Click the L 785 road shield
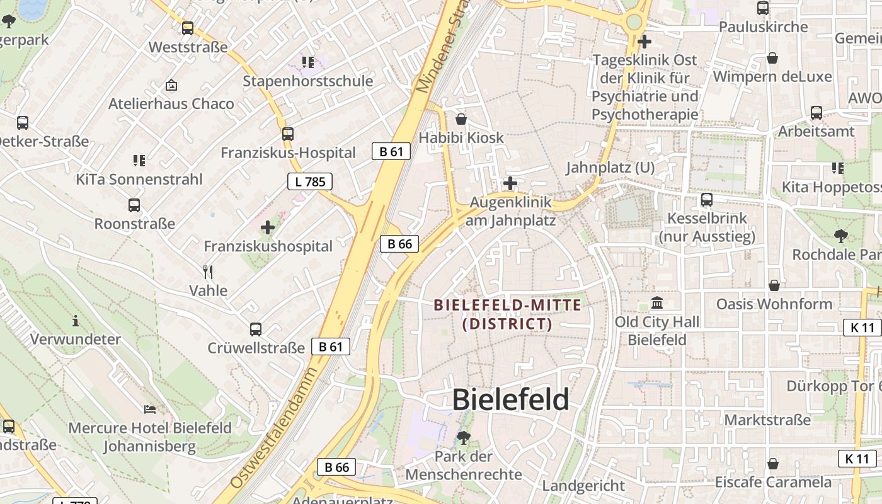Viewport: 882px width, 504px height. (x=310, y=182)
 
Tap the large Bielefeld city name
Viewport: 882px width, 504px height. (x=511, y=399)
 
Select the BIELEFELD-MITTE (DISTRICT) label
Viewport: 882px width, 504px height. (x=507, y=314)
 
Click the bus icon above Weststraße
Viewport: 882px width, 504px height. (x=188, y=28)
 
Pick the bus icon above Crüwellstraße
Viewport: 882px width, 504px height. (x=256, y=329)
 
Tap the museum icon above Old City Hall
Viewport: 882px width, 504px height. (x=657, y=302)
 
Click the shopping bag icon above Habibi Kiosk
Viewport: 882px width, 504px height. (x=461, y=118)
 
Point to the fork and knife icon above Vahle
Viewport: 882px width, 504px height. (x=208, y=272)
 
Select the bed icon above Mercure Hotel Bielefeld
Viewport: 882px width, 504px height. (x=150, y=409)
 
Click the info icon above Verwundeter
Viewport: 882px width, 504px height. (x=76, y=321)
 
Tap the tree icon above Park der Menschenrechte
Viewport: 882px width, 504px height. (x=464, y=437)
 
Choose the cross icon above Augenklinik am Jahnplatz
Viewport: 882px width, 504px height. (x=510, y=184)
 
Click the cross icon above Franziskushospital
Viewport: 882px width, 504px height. (x=268, y=227)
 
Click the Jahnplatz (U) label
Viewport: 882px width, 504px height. (x=610, y=168)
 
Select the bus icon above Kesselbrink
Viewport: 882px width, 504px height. (x=707, y=200)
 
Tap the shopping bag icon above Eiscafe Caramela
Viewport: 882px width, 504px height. (x=773, y=464)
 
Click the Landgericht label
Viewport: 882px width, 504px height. (x=583, y=486)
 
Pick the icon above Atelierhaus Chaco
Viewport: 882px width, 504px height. (x=171, y=84)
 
